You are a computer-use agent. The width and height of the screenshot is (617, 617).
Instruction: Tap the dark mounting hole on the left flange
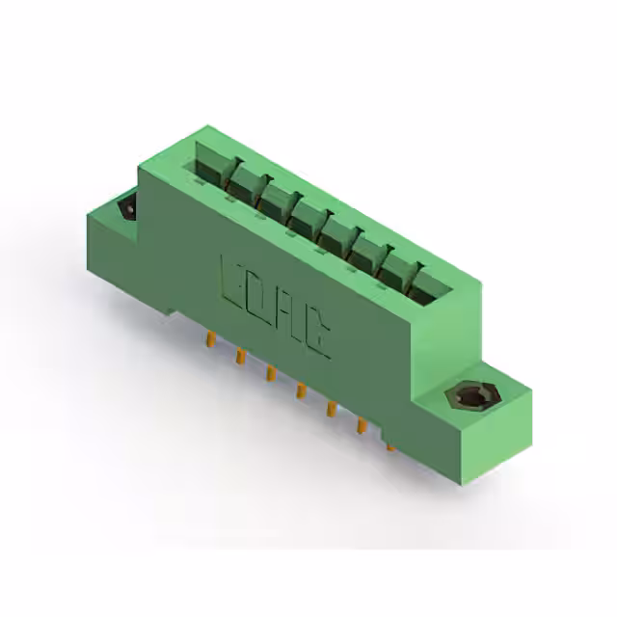pos(125,208)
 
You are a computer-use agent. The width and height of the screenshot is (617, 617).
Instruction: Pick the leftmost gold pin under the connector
pos(208,339)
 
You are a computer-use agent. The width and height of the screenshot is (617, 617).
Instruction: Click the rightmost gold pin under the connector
pos(390,445)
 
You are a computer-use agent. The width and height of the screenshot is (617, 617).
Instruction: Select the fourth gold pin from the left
pos(300,391)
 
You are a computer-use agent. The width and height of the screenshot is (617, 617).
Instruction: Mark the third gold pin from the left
pos(270,374)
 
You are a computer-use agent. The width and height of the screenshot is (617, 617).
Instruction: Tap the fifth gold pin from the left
pos(330,409)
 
